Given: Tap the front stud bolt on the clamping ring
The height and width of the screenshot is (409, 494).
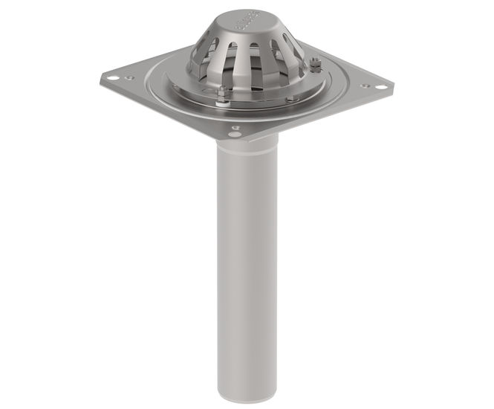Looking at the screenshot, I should (222, 92).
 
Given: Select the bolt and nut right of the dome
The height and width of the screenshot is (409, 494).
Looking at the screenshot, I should (315, 65).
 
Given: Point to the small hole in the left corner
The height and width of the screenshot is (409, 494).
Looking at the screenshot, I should (131, 77).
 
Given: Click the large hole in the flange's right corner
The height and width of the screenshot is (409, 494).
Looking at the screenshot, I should (380, 88).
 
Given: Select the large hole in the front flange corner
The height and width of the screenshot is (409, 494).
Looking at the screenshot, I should (235, 135).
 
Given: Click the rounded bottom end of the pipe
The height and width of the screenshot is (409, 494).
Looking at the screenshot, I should (247, 393).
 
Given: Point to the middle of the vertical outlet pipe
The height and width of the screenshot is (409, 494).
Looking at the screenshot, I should (247, 268).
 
